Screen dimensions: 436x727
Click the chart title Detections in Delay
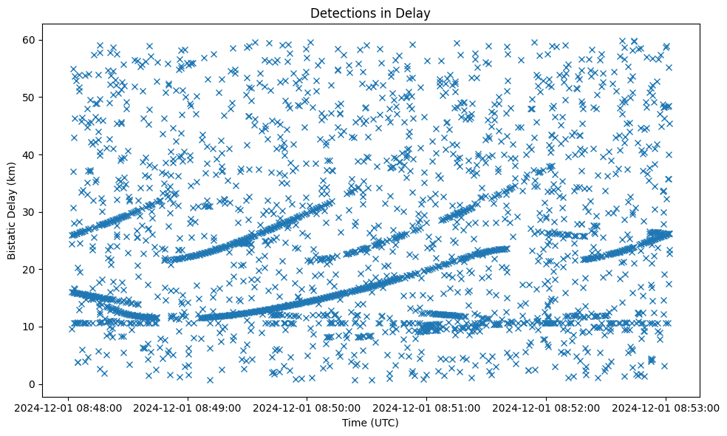point(369,13)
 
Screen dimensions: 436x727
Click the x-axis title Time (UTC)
point(369,423)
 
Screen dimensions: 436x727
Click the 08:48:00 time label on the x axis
point(69,406)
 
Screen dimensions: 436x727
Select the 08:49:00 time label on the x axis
point(188,406)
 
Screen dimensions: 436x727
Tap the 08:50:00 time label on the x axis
point(307,406)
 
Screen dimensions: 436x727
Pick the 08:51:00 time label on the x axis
point(426,406)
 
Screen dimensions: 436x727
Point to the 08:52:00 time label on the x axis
point(546,406)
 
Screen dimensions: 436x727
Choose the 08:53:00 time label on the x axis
point(665,406)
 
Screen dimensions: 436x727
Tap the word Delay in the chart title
point(414,13)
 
